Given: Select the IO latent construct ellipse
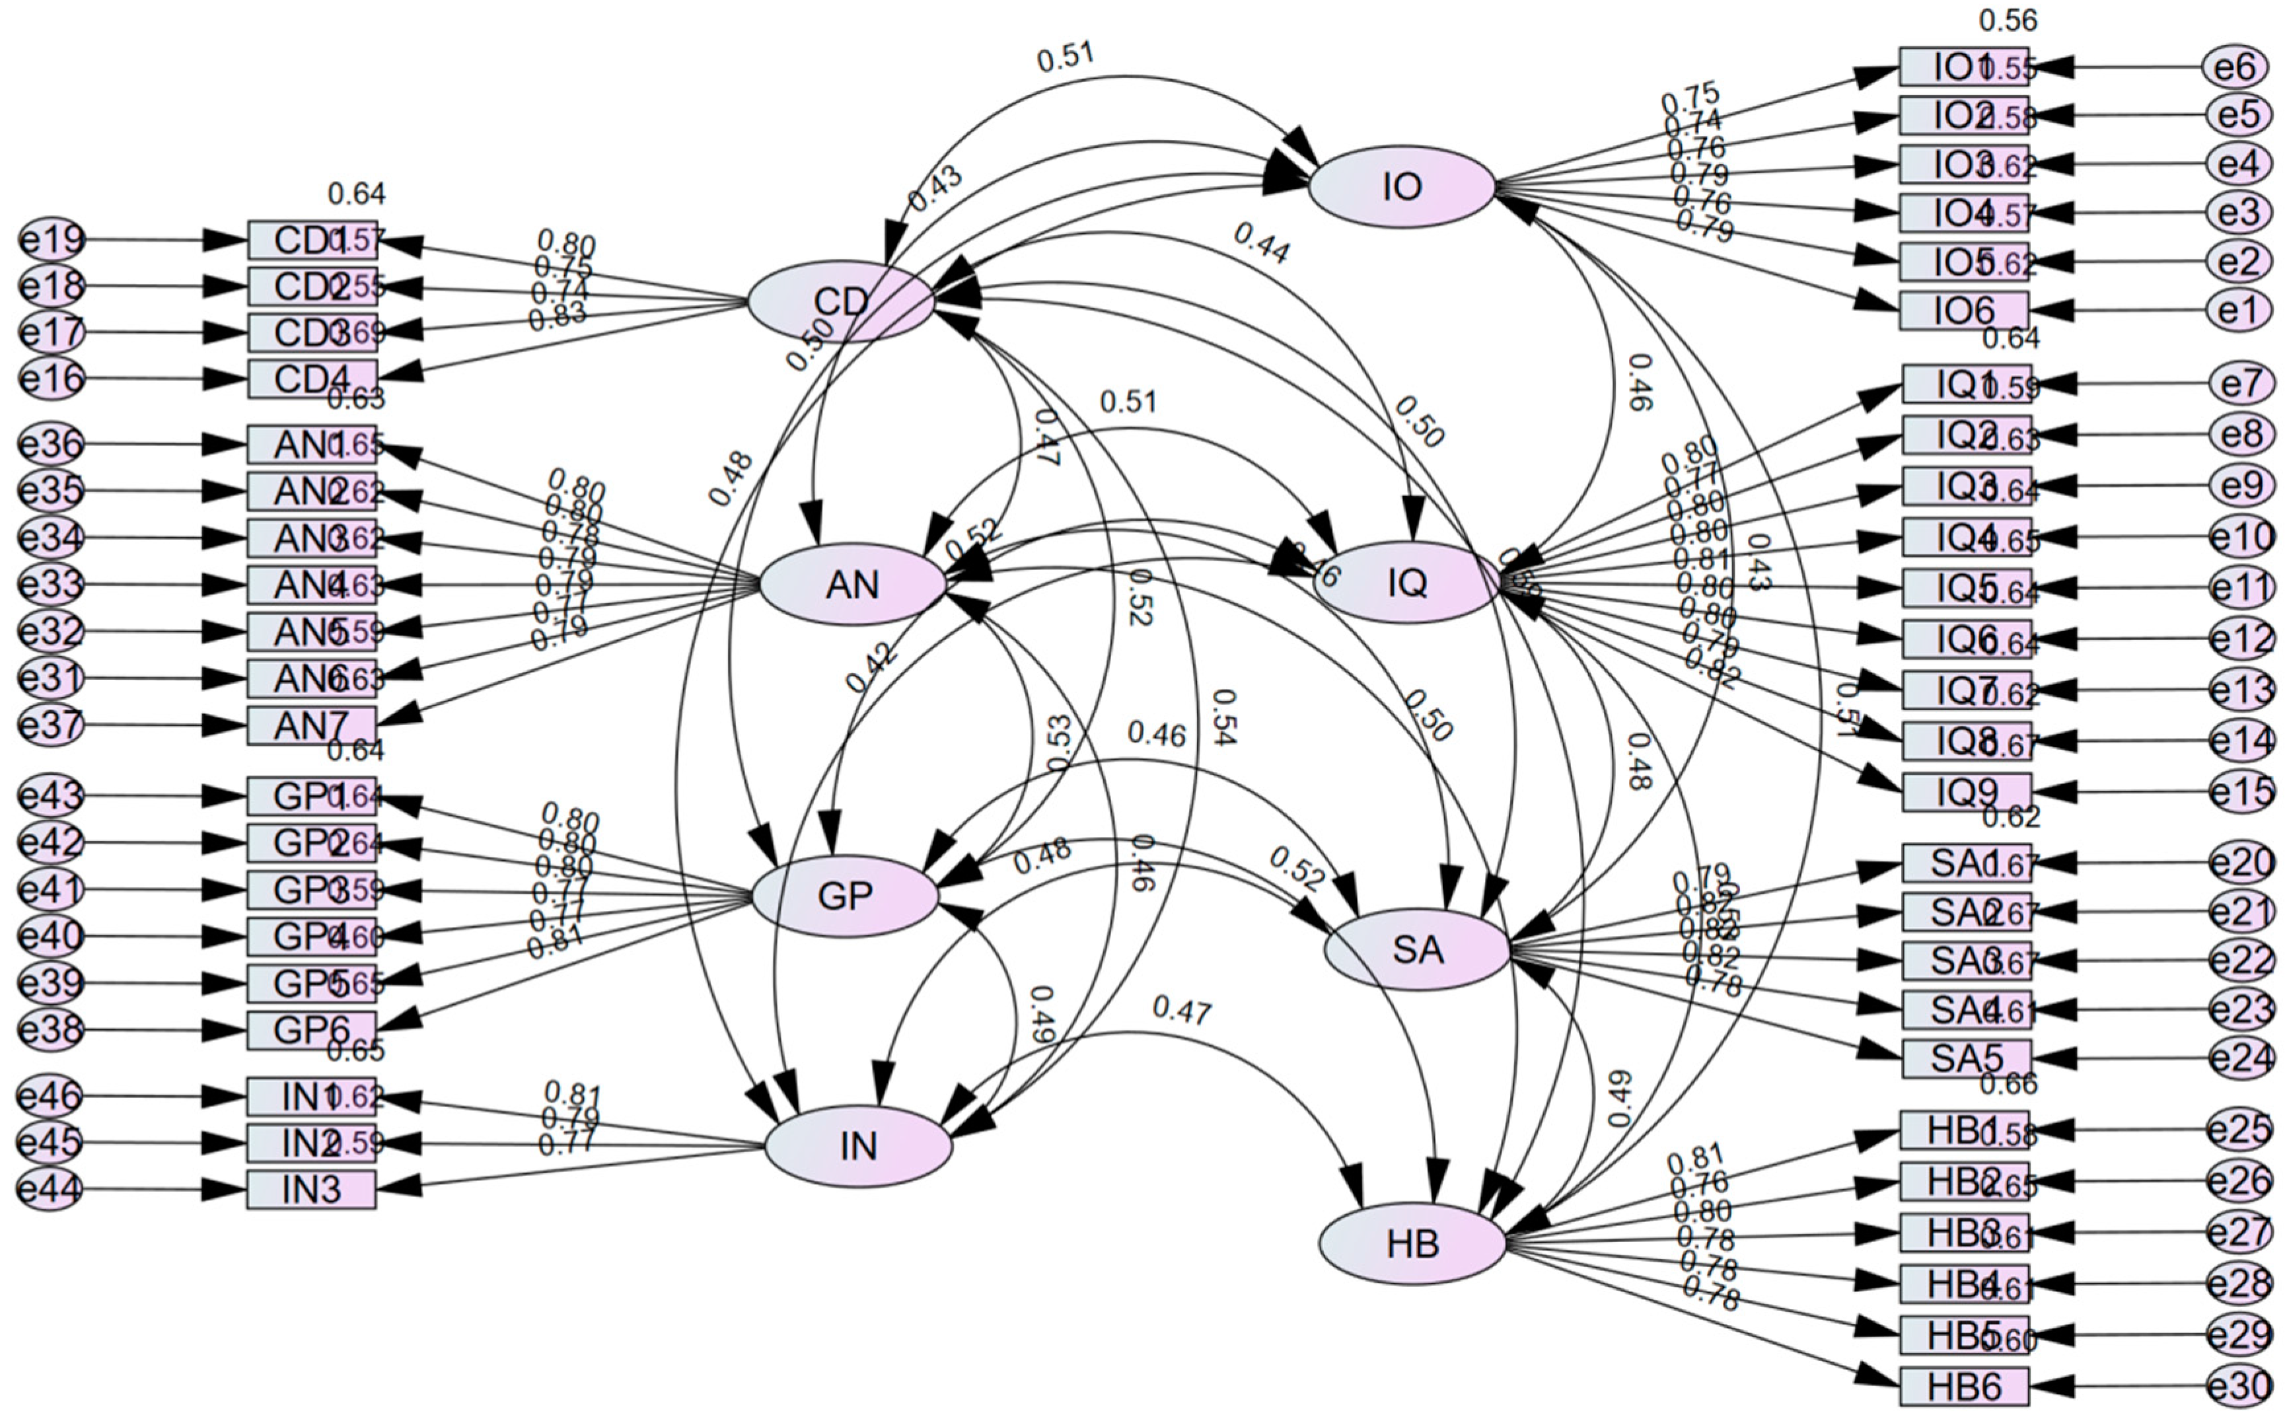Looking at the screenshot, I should [x=1401, y=187].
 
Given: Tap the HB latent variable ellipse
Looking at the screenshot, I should [x=1412, y=1245].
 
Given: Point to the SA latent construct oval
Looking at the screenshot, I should [x=1417, y=951].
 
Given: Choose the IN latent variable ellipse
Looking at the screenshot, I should [x=857, y=1146].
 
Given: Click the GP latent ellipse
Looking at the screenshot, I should [x=845, y=896].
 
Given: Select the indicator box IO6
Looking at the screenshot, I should [x=1963, y=310].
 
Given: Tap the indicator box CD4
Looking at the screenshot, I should [x=312, y=379].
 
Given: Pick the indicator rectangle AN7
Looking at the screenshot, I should [x=312, y=725].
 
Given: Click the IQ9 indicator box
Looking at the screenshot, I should [x=1966, y=793].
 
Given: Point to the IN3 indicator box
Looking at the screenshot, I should [x=312, y=1190].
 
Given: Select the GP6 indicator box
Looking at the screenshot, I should [x=312, y=1031].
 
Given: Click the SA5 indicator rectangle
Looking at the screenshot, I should [x=1966, y=1058].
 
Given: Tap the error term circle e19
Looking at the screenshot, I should [x=52, y=240].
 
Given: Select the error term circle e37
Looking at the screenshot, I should [x=52, y=725].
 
